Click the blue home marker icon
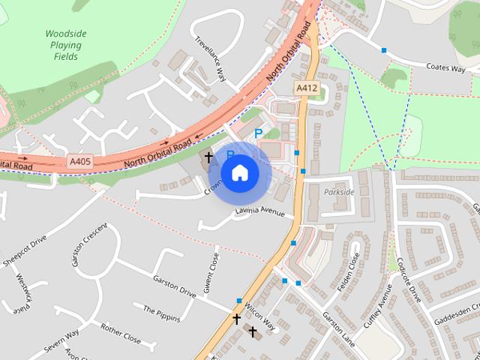[x=239, y=172]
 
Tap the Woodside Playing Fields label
[x=66, y=45]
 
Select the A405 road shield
[x=79, y=160]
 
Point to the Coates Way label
[x=445, y=68]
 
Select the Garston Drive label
[x=174, y=286]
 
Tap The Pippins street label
[x=161, y=313]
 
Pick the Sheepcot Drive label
[x=25, y=248]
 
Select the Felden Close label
[x=350, y=271]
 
